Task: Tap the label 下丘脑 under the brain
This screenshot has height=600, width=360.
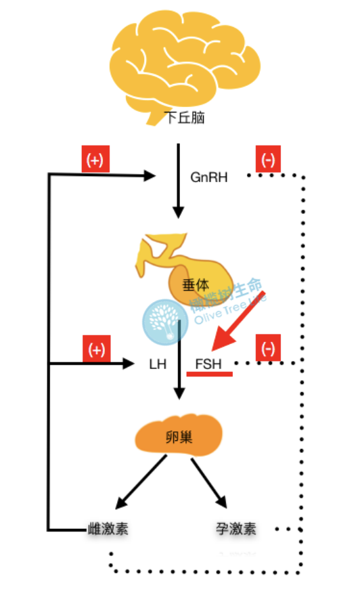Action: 185,118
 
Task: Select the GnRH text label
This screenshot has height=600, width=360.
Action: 209,177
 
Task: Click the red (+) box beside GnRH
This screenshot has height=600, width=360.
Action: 95,160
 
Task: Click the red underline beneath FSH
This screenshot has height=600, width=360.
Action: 210,373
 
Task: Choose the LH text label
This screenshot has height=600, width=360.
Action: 158,364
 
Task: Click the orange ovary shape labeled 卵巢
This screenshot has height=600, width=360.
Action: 179,437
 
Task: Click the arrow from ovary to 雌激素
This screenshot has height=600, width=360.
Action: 142,482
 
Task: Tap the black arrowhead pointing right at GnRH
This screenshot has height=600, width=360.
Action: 150,176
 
